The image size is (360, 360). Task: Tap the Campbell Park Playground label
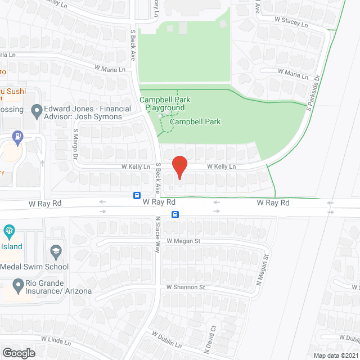[x=165, y=103]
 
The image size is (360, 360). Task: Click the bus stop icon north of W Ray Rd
[x=137, y=195]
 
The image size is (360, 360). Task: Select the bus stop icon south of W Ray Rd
[x=175, y=214]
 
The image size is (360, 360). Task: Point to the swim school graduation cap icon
[x=56, y=250]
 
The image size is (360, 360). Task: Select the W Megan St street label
[x=183, y=241]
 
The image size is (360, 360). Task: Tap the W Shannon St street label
[x=186, y=287]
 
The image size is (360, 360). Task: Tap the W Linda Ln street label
[x=56, y=340]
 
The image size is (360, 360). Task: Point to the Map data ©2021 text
[x=336, y=355]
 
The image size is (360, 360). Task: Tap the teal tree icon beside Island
[x=9, y=231]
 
